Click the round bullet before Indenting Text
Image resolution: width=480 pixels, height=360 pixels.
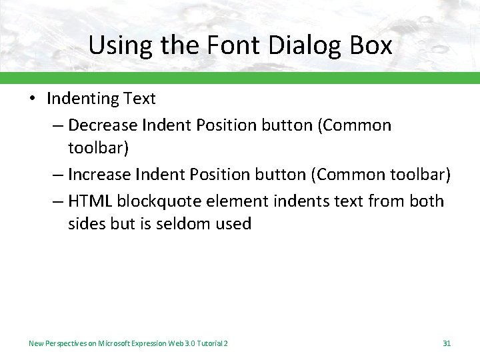tap(33, 99)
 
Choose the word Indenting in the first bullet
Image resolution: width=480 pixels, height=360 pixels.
tap(83, 99)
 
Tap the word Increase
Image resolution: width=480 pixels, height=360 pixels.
tap(99, 175)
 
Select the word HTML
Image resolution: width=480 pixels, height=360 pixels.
tap(89, 201)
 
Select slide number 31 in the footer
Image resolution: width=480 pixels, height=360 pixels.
tap(447, 343)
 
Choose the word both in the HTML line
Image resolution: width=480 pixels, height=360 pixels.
tap(426, 201)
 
